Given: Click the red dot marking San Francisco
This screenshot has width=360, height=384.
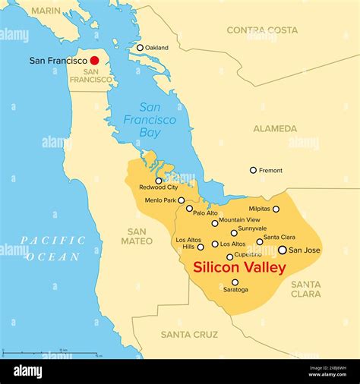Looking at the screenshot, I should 94,60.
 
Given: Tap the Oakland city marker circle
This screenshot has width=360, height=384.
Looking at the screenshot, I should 140,48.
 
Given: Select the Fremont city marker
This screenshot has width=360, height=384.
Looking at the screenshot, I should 253,170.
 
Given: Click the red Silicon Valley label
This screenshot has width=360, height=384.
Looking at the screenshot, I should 239,268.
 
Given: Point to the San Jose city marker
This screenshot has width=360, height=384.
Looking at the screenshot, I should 283,250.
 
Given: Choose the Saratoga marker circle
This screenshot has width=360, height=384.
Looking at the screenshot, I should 235,282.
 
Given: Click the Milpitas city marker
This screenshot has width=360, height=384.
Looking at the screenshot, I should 276,209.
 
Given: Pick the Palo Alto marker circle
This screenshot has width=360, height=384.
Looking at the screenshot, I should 189,208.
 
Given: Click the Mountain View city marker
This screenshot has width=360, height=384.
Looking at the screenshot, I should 215,223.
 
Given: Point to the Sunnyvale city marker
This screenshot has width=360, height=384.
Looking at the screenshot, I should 234,233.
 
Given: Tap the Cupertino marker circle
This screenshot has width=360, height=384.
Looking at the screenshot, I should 230,257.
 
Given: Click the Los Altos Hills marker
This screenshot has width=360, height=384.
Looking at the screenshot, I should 201,247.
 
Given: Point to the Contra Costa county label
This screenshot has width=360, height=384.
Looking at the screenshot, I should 262,30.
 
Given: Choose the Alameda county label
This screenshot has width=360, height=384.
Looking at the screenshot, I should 275,128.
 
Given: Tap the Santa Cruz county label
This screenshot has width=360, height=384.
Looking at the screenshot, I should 189,334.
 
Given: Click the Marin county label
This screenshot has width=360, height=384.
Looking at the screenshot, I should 47,11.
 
